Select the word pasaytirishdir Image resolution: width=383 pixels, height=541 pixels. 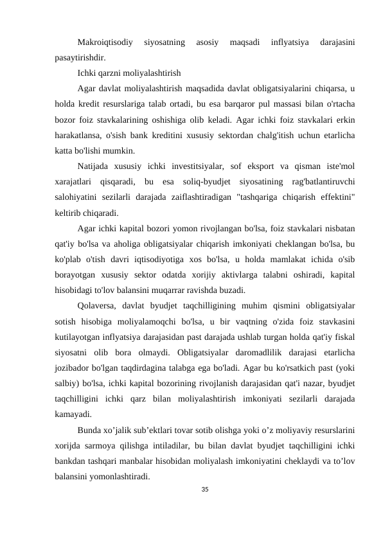tap(80, 57)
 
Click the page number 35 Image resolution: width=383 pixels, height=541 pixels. tap(204, 490)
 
